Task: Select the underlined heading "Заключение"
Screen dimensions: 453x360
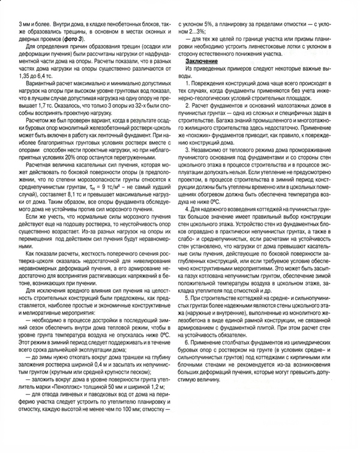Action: (206, 62)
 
